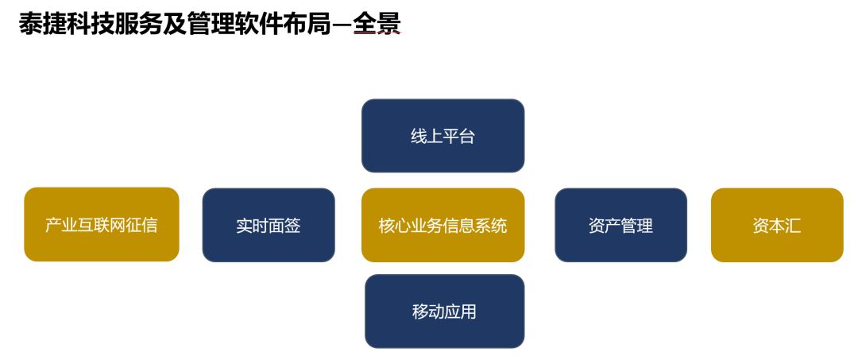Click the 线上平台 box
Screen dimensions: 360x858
point(443,136)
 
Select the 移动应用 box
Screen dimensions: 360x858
point(444,311)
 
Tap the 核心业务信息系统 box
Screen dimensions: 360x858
point(443,225)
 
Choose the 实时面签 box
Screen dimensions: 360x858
point(268,225)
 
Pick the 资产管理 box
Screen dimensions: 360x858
point(620,225)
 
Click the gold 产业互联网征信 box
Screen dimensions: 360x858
point(101,225)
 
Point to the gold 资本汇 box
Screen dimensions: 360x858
point(776,225)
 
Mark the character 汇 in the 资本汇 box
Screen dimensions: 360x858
point(793,226)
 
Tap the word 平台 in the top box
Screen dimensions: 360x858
point(458,136)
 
